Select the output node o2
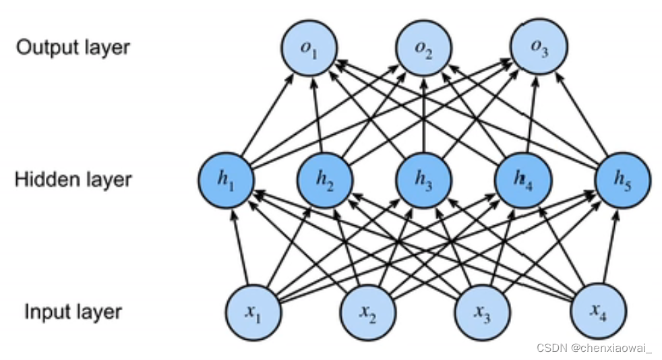point(423,49)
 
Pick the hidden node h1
point(226,180)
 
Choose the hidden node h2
point(326,180)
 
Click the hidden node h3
point(424,180)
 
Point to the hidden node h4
point(523,180)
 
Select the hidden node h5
point(622,180)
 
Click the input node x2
point(367,312)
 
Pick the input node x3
point(482,312)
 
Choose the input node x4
point(597,311)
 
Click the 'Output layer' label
point(73,48)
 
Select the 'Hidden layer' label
point(73,180)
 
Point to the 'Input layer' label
point(73,312)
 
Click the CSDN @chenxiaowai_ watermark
point(594,347)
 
